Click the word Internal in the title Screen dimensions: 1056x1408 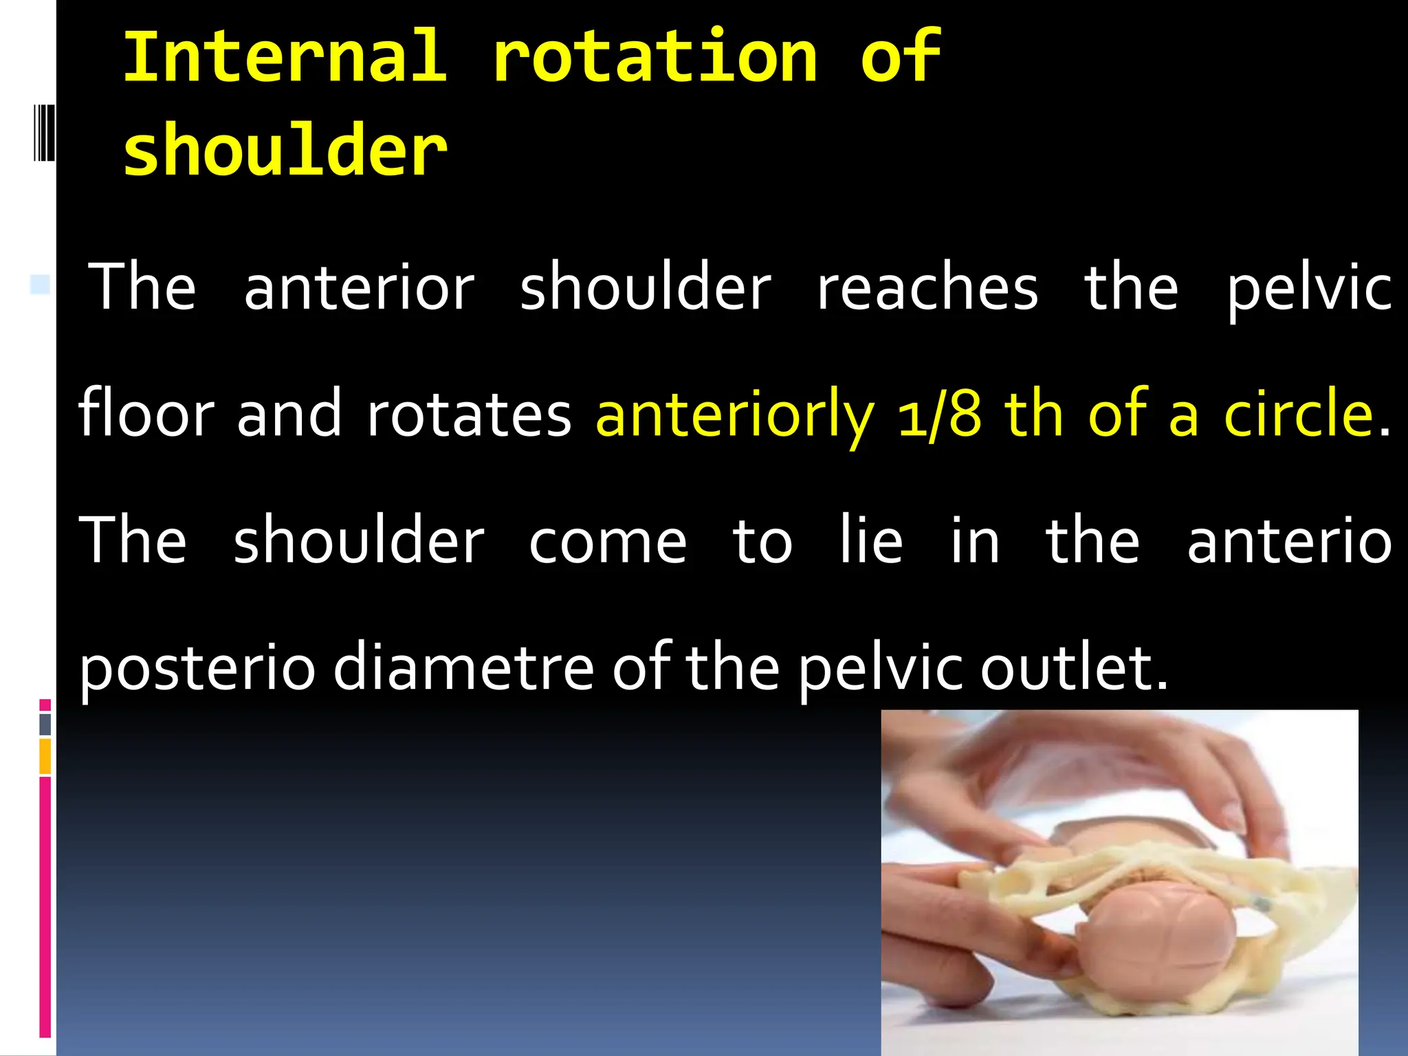(x=285, y=56)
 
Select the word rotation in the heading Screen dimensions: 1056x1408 (x=654, y=56)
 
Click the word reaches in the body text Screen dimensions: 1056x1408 (x=927, y=287)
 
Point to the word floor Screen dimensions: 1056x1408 (x=146, y=412)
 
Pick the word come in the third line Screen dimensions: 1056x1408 (x=608, y=542)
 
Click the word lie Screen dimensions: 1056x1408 (x=871, y=540)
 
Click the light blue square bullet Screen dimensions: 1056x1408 (x=40, y=284)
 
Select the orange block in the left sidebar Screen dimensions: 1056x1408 (x=45, y=756)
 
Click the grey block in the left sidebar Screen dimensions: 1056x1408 (x=45, y=724)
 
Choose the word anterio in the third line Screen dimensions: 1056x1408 (x=1289, y=542)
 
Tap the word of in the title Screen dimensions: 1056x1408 (x=900, y=56)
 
